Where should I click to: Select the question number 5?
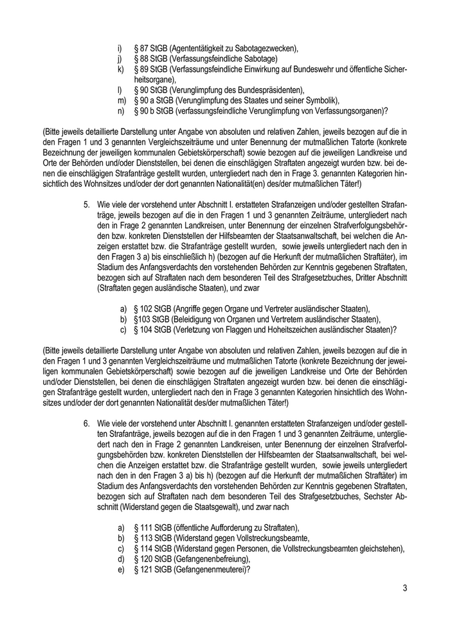click(85, 203)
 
